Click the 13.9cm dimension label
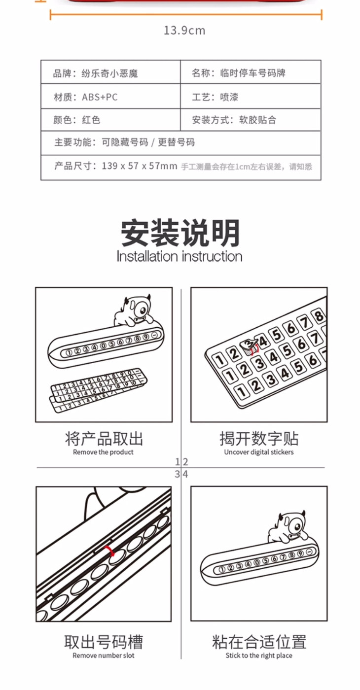point(184,31)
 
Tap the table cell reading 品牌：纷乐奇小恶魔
point(110,72)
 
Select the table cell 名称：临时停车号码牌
point(251,72)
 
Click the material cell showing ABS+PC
point(110,97)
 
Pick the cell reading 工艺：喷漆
point(251,97)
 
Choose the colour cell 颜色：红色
point(110,119)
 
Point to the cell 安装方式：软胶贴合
point(251,119)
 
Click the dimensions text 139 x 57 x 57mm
point(139,166)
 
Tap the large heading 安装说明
point(180,233)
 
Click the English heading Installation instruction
point(180,257)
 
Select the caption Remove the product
point(103,452)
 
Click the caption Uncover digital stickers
point(259,452)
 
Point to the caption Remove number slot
point(104,655)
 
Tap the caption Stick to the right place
point(259,655)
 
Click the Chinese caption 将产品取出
point(104,439)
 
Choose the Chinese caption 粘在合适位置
point(259,642)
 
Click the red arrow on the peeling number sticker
point(254,349)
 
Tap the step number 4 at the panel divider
point(185,474)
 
